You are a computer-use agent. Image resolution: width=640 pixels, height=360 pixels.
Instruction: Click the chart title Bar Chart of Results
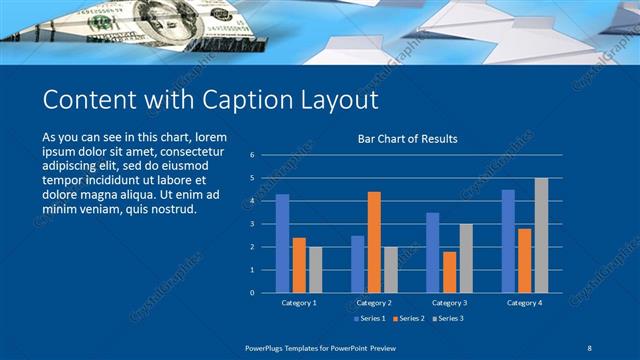click(407, 139)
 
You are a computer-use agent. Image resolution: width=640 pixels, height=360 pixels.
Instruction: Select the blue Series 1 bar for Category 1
click(283, 243)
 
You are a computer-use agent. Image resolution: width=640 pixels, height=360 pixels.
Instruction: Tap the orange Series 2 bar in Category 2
click(374, 241)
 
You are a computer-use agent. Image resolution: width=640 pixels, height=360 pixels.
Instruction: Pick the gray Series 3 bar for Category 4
click(541, 235)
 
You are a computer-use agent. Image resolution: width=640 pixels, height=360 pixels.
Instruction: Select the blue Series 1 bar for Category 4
click(509, 241)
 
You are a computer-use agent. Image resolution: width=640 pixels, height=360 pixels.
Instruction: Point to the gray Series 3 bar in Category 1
click(316, 269)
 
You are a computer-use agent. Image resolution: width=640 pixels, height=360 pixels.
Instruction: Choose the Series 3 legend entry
click(449, 318)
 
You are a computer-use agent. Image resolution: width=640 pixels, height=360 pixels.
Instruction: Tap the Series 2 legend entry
click(411, 318)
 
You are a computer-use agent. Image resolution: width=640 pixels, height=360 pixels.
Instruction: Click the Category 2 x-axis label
click(374, 302)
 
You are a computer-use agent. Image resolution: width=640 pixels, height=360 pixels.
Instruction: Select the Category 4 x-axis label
click(524, 302)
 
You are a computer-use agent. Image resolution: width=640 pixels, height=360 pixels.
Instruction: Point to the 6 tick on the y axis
click(252, 155)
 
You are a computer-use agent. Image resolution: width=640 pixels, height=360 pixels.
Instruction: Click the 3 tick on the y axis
click(252, 224)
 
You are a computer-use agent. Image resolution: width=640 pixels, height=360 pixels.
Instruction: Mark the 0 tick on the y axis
click(252, 293)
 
